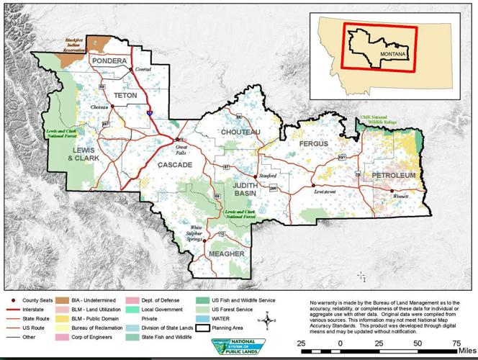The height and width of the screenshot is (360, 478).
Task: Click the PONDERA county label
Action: (109, 62)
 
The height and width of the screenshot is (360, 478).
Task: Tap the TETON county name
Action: (125, 94)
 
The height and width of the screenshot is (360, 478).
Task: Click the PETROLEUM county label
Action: (394, 176)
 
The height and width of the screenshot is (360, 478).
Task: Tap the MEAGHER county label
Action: (226, 254)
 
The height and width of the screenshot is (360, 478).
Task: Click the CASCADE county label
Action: (175, 165)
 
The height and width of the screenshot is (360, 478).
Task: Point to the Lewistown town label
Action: (325, 192)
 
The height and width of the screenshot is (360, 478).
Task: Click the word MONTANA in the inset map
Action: (393, 55)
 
